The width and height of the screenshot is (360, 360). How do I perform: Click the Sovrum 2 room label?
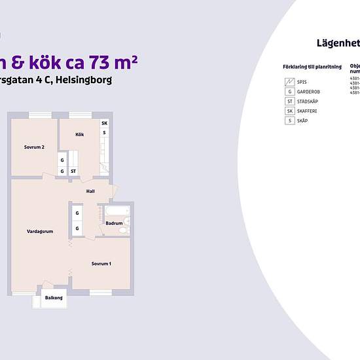tap(34, 147)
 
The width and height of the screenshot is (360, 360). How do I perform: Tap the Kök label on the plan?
tap(80, 135)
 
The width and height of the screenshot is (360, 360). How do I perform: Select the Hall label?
tap(90, 191)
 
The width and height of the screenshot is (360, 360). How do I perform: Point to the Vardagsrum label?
tap(40, 232)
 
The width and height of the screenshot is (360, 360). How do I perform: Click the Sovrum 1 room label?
tap(101, 264)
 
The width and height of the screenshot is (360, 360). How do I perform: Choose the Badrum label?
tap(114, 224)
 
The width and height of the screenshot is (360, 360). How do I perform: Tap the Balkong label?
tap(54, 298)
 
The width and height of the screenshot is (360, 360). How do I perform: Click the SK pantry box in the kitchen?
tap(104, 123)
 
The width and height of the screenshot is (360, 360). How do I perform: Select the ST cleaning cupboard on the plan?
tap(73, 171)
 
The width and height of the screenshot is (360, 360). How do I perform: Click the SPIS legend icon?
tap(289, 82)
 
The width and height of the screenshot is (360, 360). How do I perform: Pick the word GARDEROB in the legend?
tap(308, 92)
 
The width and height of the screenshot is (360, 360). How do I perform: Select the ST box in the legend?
tap(289, 101)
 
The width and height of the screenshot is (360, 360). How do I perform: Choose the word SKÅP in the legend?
tap(302, 121)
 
